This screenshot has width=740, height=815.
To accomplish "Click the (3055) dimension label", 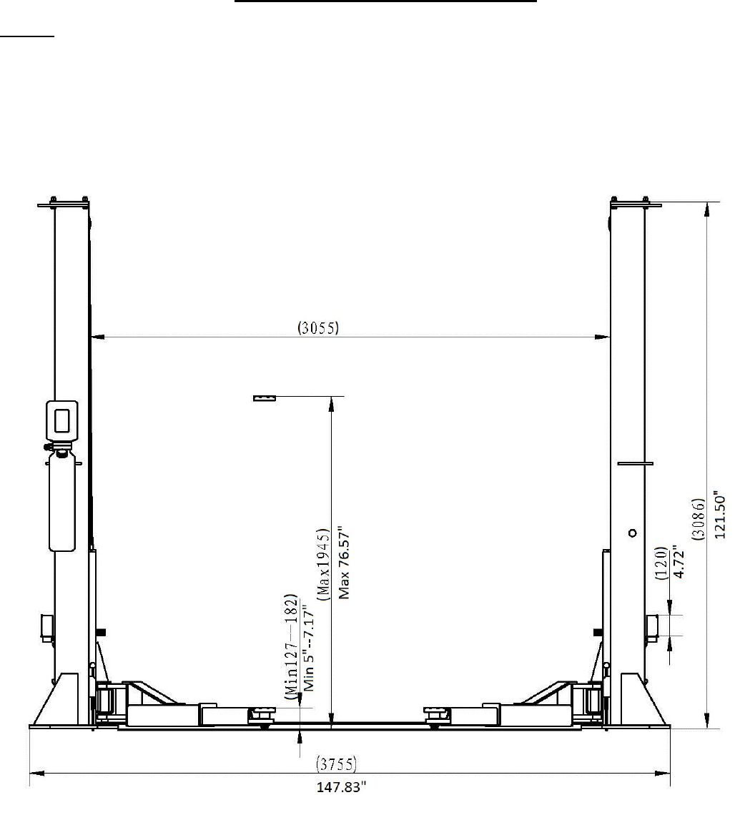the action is (x=318, y=327).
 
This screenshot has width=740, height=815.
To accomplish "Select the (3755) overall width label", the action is (x=337, y=764).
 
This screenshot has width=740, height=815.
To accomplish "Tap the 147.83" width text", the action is (x=342, y=787).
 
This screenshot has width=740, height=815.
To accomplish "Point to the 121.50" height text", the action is (x=719, y=514).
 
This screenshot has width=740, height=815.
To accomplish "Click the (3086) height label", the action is (x=699, y=519).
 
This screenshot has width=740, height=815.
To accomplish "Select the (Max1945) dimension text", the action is (x=323, y=565).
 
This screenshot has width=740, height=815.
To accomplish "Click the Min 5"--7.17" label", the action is (x=309, y=651).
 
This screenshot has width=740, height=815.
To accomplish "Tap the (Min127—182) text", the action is (x=292, y=646).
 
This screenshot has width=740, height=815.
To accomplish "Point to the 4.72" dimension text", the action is (x=679, y=561).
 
